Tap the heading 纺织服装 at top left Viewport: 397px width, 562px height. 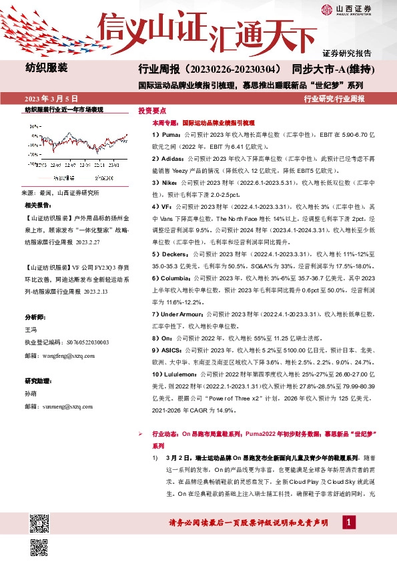coord(47,68)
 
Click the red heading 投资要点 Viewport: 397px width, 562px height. coord(151,111)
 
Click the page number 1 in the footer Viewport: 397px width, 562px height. coord(348,521)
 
